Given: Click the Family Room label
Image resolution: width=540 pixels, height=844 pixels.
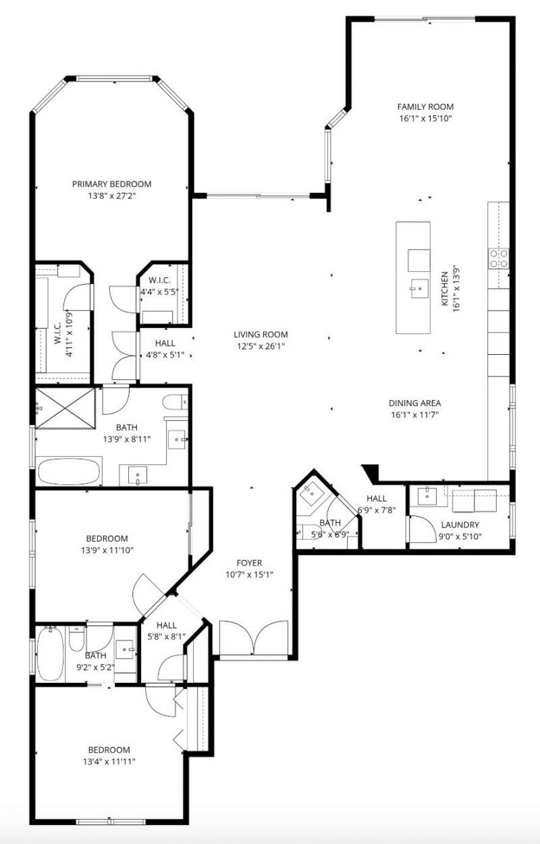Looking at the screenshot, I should click(x=425, y=107).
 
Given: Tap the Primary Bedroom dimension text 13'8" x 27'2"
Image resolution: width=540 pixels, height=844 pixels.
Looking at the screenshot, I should click(x=111, y=196).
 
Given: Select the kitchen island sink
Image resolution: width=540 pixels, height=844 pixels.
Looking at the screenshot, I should click(x=418, y=289).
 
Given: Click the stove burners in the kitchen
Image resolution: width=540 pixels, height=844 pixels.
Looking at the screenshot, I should click(x=499, y=258).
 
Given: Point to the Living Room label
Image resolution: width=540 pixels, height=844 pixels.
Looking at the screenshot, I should click(x=261, y=335).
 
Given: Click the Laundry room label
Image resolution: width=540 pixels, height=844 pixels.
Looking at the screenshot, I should click(x=460, y=525).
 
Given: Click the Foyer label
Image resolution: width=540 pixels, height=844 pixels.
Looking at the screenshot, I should click(x=249, y=563).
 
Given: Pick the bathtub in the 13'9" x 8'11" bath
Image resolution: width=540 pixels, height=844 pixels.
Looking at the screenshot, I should click(x=70, y=471).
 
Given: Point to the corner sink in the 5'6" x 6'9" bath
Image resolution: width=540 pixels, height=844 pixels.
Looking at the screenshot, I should click(x=312, y=493).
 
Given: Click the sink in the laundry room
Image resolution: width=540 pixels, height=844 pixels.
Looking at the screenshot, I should click(x=427, y=497).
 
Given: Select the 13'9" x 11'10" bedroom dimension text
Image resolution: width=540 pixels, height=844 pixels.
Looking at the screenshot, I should click(x=107, y=551).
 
